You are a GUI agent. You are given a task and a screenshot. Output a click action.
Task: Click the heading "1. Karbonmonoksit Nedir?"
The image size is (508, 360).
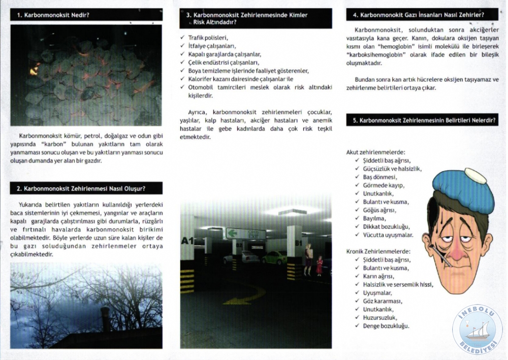coord(53,15)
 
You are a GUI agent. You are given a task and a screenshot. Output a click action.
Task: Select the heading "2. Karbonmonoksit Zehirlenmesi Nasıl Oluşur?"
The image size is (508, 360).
coord(81,188)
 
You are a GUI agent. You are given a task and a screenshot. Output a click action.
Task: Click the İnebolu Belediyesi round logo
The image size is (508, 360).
coord(477,330)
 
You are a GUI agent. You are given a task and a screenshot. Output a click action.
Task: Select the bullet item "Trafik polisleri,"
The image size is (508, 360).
coord(208,38)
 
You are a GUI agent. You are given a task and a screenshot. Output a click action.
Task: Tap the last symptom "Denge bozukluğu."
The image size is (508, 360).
coord(386,326)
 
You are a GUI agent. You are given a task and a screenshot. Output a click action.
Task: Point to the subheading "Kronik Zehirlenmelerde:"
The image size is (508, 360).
coord(378,251)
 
